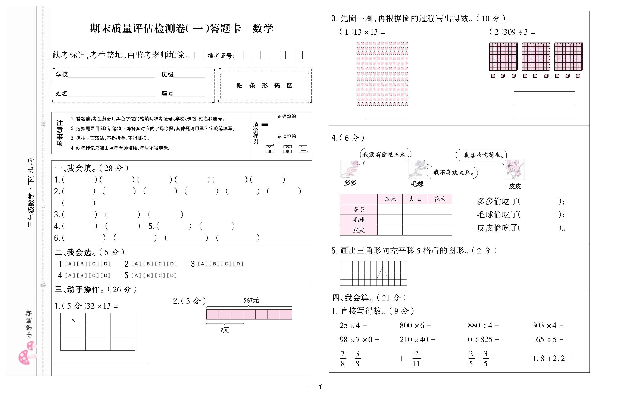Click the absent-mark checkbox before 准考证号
(199, 55)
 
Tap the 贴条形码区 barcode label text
(265, 86)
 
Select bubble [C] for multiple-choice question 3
(226, 264)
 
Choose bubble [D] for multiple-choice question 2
(172, 264)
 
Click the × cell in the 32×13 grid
(73, 320)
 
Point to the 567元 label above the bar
(251, 300)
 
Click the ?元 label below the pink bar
(225, 330)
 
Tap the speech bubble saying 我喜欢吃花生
(481, 155)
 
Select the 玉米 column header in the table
(390, 199)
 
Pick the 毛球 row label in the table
(359, 220)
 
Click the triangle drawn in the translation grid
(382, 273)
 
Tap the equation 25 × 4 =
(353, 326)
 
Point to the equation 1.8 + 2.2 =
(552, 358)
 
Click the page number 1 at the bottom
(320, 387)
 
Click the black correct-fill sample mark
(265, 125)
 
